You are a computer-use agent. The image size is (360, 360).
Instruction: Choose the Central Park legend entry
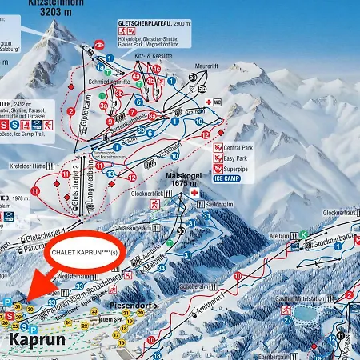tap(238, 148)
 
